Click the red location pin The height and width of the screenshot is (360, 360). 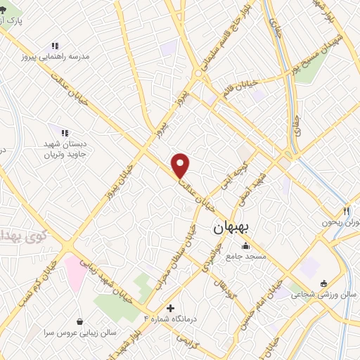coord(181,165)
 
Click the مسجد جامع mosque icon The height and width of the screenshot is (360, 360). coord(245,246)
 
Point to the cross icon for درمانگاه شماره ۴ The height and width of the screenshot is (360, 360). coord(171,308)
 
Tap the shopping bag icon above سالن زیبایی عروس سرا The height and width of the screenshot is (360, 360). coord(80,321)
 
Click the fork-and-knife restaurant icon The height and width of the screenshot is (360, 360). coord(347,211)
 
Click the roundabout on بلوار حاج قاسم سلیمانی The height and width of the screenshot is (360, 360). coord(199,72)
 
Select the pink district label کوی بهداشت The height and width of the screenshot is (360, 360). coord(14,235)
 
